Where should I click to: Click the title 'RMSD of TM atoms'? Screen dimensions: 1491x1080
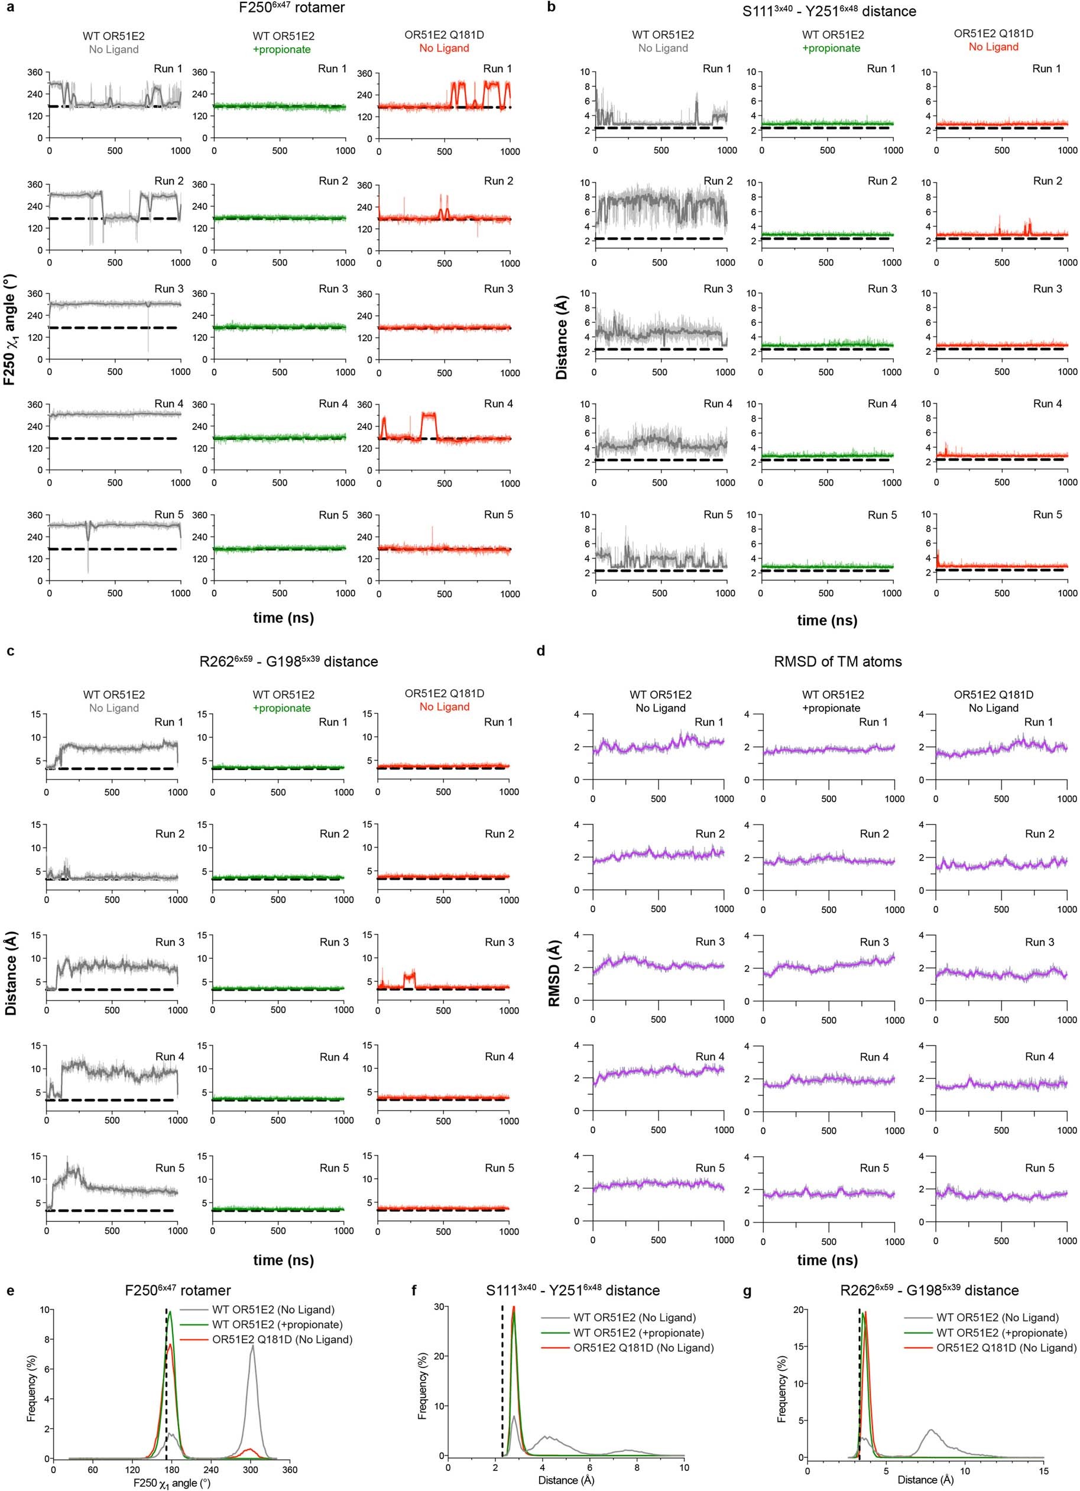pos(838,662)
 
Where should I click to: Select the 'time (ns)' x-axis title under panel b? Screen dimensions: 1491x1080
pos(827,620)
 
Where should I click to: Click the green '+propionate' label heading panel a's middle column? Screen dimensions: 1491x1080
pos(282,49)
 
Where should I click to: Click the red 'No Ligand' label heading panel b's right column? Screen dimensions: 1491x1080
pos(993,47)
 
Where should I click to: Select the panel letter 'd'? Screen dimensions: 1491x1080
pos(541,652)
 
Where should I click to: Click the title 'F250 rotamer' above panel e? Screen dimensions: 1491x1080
pos(177,1291)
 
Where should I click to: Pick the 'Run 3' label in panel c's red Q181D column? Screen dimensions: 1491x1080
pos(500,942)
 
